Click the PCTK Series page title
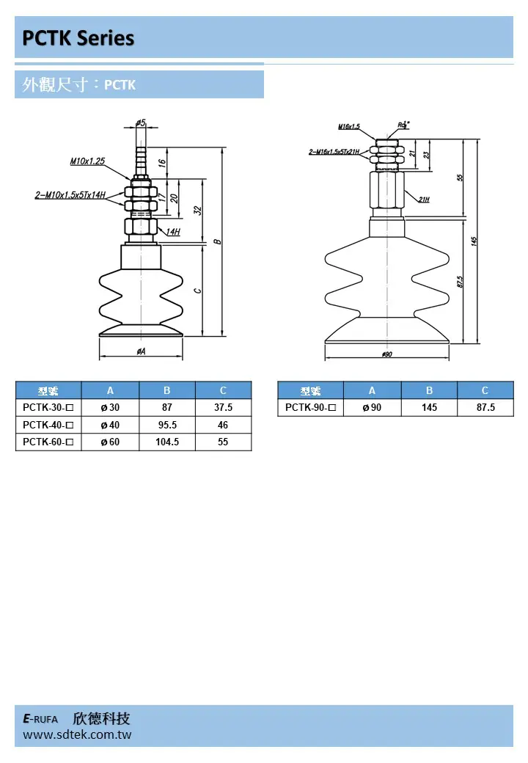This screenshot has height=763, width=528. point(78,38)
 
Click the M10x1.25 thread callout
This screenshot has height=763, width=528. point(87,161)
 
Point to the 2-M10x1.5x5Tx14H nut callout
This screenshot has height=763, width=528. point(70,196)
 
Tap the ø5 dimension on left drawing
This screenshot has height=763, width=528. point(141,123)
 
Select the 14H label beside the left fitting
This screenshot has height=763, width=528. point(172,232)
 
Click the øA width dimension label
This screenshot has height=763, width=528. point(140,351)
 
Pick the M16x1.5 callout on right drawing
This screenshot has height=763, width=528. point(349,127)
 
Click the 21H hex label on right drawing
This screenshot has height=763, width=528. point(424,199)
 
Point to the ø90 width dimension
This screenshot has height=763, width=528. point(388,354)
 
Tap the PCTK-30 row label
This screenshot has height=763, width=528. point(48,407)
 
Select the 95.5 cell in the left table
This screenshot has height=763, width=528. point(166,425)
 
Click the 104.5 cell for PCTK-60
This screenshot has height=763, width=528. point(166,442)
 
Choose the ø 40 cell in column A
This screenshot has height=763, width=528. point(110,425)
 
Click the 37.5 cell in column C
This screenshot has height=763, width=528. point(223,407)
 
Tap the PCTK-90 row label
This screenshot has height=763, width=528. point(310,407)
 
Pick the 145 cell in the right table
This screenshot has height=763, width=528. point(429,407)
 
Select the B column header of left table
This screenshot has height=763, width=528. point(166,390)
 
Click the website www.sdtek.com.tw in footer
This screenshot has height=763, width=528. point(77,734)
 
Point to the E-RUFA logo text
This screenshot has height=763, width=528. point(40,719)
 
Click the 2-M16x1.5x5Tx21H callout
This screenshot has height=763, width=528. point(334,152)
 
